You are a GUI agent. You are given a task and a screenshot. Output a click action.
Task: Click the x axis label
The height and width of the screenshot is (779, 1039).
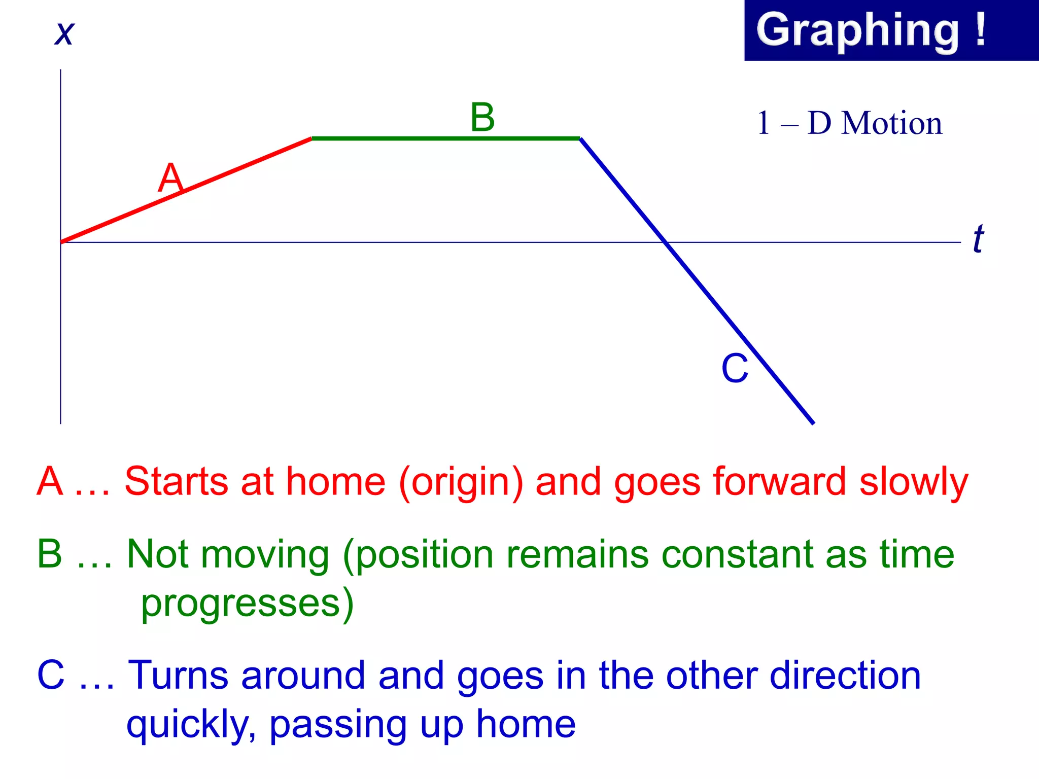click(64, 34)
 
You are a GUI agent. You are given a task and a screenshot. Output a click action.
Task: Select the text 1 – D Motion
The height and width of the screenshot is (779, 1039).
click(849, 123)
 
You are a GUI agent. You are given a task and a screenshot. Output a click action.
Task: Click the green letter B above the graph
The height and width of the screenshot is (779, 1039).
click(482, 118)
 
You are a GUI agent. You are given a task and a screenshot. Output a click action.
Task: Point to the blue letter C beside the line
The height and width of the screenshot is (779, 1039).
click(735, 368)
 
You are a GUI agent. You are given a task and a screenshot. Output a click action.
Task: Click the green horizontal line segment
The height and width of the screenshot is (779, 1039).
click(445, 138)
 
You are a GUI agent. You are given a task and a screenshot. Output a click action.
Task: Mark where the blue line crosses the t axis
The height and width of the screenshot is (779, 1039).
click(665, 242)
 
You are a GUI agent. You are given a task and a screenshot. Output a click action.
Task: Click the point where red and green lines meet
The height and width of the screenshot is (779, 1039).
click(311, 138)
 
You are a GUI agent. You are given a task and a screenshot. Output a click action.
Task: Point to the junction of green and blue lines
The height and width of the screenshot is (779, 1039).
click(580, 138)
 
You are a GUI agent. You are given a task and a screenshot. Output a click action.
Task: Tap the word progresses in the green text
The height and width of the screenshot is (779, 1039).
click(240, 604)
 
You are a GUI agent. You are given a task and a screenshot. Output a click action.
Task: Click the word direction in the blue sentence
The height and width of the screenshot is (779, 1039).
click(844, 676)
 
